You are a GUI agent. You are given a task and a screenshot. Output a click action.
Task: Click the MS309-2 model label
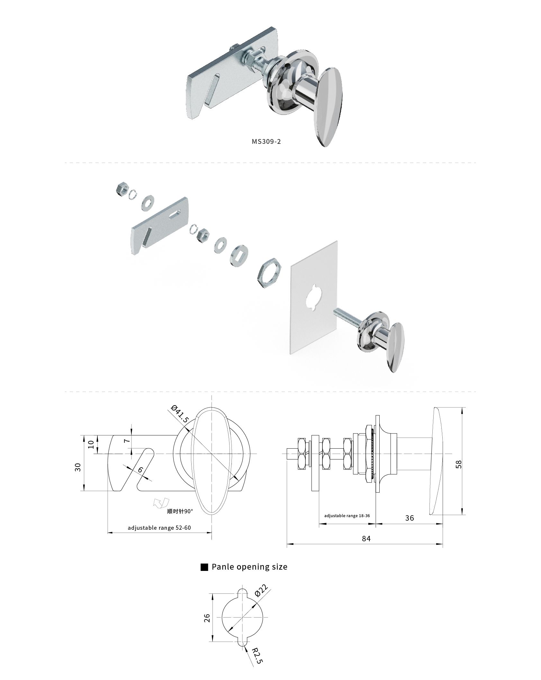click(266, 142)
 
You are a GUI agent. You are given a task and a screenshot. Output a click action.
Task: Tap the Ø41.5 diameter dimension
click(180, 414)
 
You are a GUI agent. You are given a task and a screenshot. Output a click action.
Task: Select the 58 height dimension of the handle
click(459, 464)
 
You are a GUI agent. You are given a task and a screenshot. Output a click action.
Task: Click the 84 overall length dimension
click(366, 539)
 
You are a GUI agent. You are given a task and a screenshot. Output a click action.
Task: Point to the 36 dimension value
click(410, 518)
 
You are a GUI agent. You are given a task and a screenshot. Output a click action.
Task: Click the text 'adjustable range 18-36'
click(347, 516)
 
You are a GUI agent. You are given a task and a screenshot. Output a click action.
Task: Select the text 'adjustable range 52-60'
click(159, 528)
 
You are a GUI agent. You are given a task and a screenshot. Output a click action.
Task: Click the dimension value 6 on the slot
click(140, 470)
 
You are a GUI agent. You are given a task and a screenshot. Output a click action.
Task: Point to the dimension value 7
click(128, 440)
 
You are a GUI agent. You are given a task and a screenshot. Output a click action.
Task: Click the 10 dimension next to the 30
click(91, 444)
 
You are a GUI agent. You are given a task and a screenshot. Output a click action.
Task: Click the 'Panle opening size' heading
click(249, 567)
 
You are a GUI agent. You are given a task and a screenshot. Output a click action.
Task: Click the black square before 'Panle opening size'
click(204, 567)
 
